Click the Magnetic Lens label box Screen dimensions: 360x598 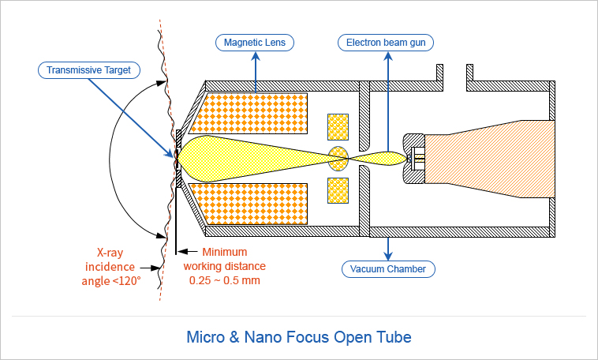tap(255, 41)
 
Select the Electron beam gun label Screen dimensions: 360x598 tap(387, 41)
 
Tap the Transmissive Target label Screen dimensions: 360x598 tap(88, 70)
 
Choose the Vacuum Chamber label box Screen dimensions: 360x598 tap(387, 269)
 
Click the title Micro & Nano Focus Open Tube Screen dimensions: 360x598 tap(298, 337)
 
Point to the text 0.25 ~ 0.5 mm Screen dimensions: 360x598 tap(226, 280)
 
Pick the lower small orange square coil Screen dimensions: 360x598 tap(338, 189)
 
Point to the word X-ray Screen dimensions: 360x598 tap(113, 253)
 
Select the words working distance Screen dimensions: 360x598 tap(226, 266)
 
